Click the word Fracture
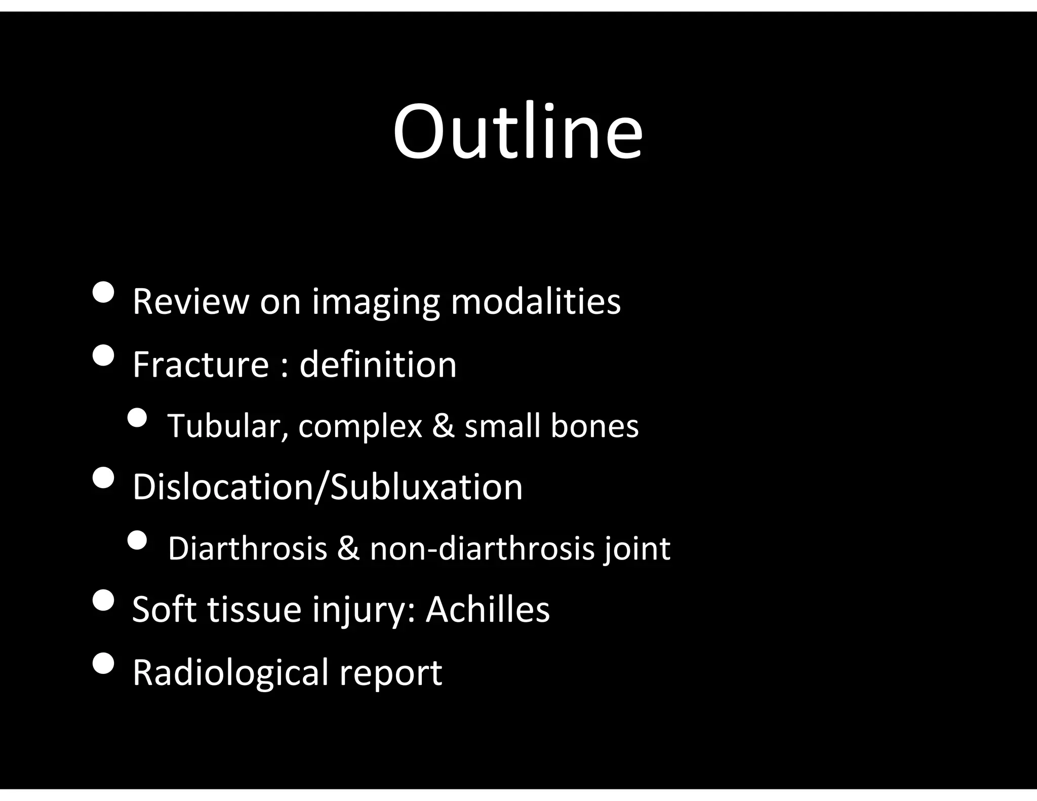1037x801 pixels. (201, 364)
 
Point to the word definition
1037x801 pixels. (378, 364)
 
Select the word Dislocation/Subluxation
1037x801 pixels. (327, 487)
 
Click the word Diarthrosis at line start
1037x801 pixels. (247, 548)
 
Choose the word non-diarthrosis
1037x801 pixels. (482, 548)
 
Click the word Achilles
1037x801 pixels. (487, 610)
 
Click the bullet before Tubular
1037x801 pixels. (136, 417)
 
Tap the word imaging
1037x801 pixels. (375, 302)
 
